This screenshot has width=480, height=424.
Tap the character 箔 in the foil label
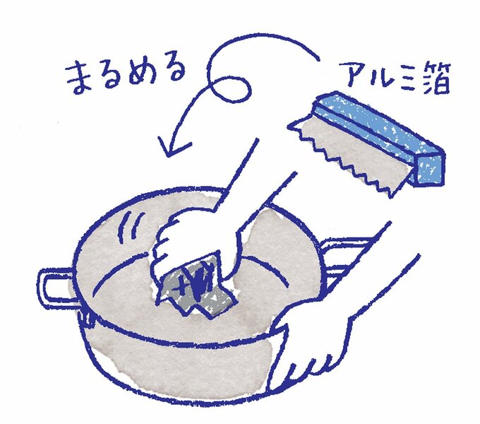(x=434, y=77)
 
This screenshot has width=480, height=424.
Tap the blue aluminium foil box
(x=380, y=138)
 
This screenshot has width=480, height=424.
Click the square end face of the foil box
(x=429, y=170)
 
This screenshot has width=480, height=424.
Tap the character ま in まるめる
(x=80, y=77)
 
